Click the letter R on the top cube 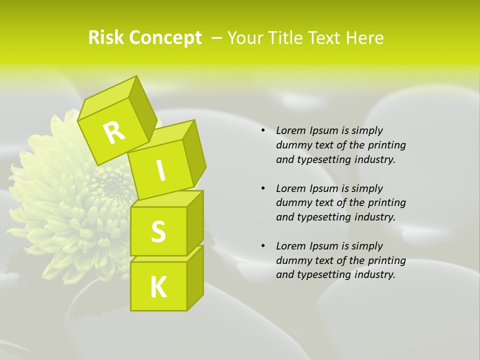(114, 133)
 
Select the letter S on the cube (158, 232)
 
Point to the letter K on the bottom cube (158, 287)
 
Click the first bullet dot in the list (263, 131)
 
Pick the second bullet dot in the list (263, 188)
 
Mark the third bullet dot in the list (263, 246)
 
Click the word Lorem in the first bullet (290, 130)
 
